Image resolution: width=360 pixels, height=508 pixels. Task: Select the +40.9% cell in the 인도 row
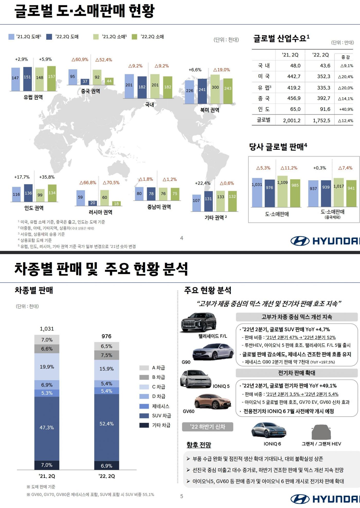(x=346, y=109)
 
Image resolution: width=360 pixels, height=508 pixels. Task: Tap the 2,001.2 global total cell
(x=292, y=120)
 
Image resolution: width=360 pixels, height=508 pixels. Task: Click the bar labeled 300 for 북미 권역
(x=215, y=89)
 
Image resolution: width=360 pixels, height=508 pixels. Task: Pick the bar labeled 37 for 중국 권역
(x=85, y=82)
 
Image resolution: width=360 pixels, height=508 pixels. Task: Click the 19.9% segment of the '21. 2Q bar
(x=47, y=367)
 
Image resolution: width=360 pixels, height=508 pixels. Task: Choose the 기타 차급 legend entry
(x=155, y=425)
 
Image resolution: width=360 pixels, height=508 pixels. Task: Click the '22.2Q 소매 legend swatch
(x=134, y=37)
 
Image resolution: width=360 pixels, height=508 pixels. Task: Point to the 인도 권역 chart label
(x=34, y=208)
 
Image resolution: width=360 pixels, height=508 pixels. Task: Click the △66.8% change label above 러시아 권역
(x=88, y=183)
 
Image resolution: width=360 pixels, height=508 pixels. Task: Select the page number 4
(x=182, y=238)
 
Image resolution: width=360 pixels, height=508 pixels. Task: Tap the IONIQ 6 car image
(x=268, y=430)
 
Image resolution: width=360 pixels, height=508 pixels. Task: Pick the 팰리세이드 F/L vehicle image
(x=199, y=322)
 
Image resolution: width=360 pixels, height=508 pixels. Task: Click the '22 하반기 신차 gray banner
(x=208, y=427)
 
